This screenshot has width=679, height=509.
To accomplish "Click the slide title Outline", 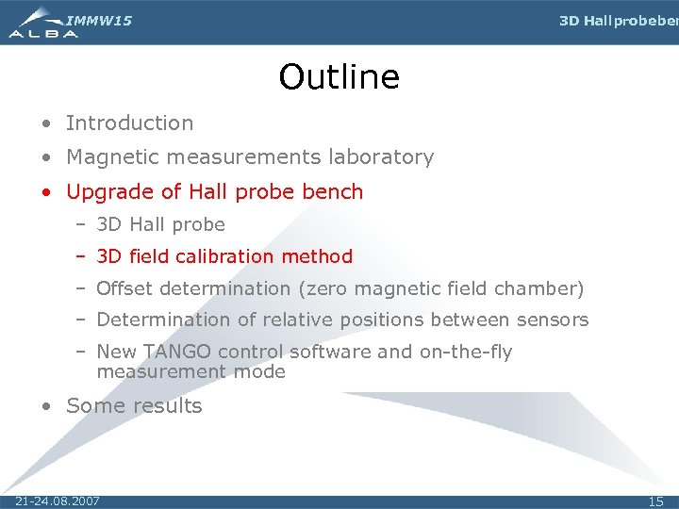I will tap(339, 76).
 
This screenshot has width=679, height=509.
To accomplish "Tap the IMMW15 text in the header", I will tap(99, 20).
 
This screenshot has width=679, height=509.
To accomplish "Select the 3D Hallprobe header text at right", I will tap(618, 21).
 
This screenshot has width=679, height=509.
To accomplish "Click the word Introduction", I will tap(129, 123).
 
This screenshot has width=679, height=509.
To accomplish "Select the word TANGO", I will tap(176, 352).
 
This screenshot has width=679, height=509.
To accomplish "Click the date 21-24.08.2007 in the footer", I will tap(58, 501).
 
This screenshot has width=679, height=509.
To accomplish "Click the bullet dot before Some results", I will tap(46, 407).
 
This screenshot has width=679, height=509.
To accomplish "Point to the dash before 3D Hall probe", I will tap(81, 225).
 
